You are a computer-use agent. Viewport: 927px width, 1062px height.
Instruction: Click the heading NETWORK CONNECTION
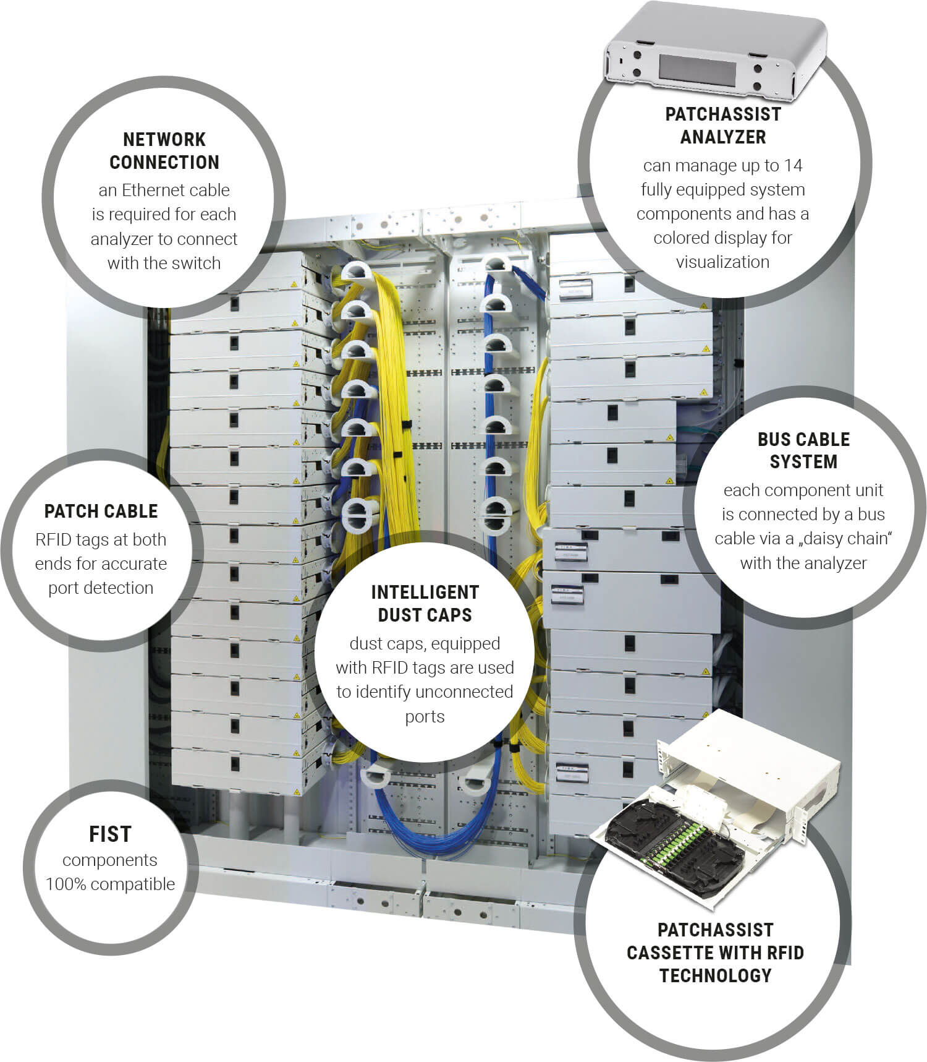[x=164, y=151]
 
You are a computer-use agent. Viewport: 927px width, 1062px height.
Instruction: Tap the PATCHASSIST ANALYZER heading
[x=722, y=126]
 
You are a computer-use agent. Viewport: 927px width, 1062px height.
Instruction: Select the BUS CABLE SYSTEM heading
[x=803, y=450]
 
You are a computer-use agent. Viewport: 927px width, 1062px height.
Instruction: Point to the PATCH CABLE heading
[x=101, y=512]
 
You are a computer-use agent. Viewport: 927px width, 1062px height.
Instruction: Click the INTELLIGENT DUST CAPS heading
[x=425, y=604]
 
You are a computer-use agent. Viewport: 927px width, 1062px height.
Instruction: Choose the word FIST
[x=111, y=834]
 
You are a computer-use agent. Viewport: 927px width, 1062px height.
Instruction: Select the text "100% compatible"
[x=111, y=884]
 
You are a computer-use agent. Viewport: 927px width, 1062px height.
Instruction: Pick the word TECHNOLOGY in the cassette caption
[x=716, y=976]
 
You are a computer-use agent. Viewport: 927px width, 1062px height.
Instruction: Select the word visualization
[x=722, y=262]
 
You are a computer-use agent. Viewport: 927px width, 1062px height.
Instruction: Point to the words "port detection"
[x=101, y=588]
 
